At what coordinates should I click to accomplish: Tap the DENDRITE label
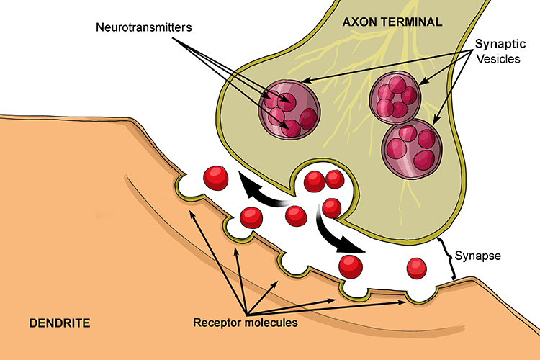tap(59, 323)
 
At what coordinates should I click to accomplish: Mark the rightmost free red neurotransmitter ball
tap(417, 268)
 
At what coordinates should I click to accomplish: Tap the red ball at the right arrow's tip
tap(351, 264)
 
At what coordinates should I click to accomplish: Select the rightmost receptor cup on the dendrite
tap(415, 297)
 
